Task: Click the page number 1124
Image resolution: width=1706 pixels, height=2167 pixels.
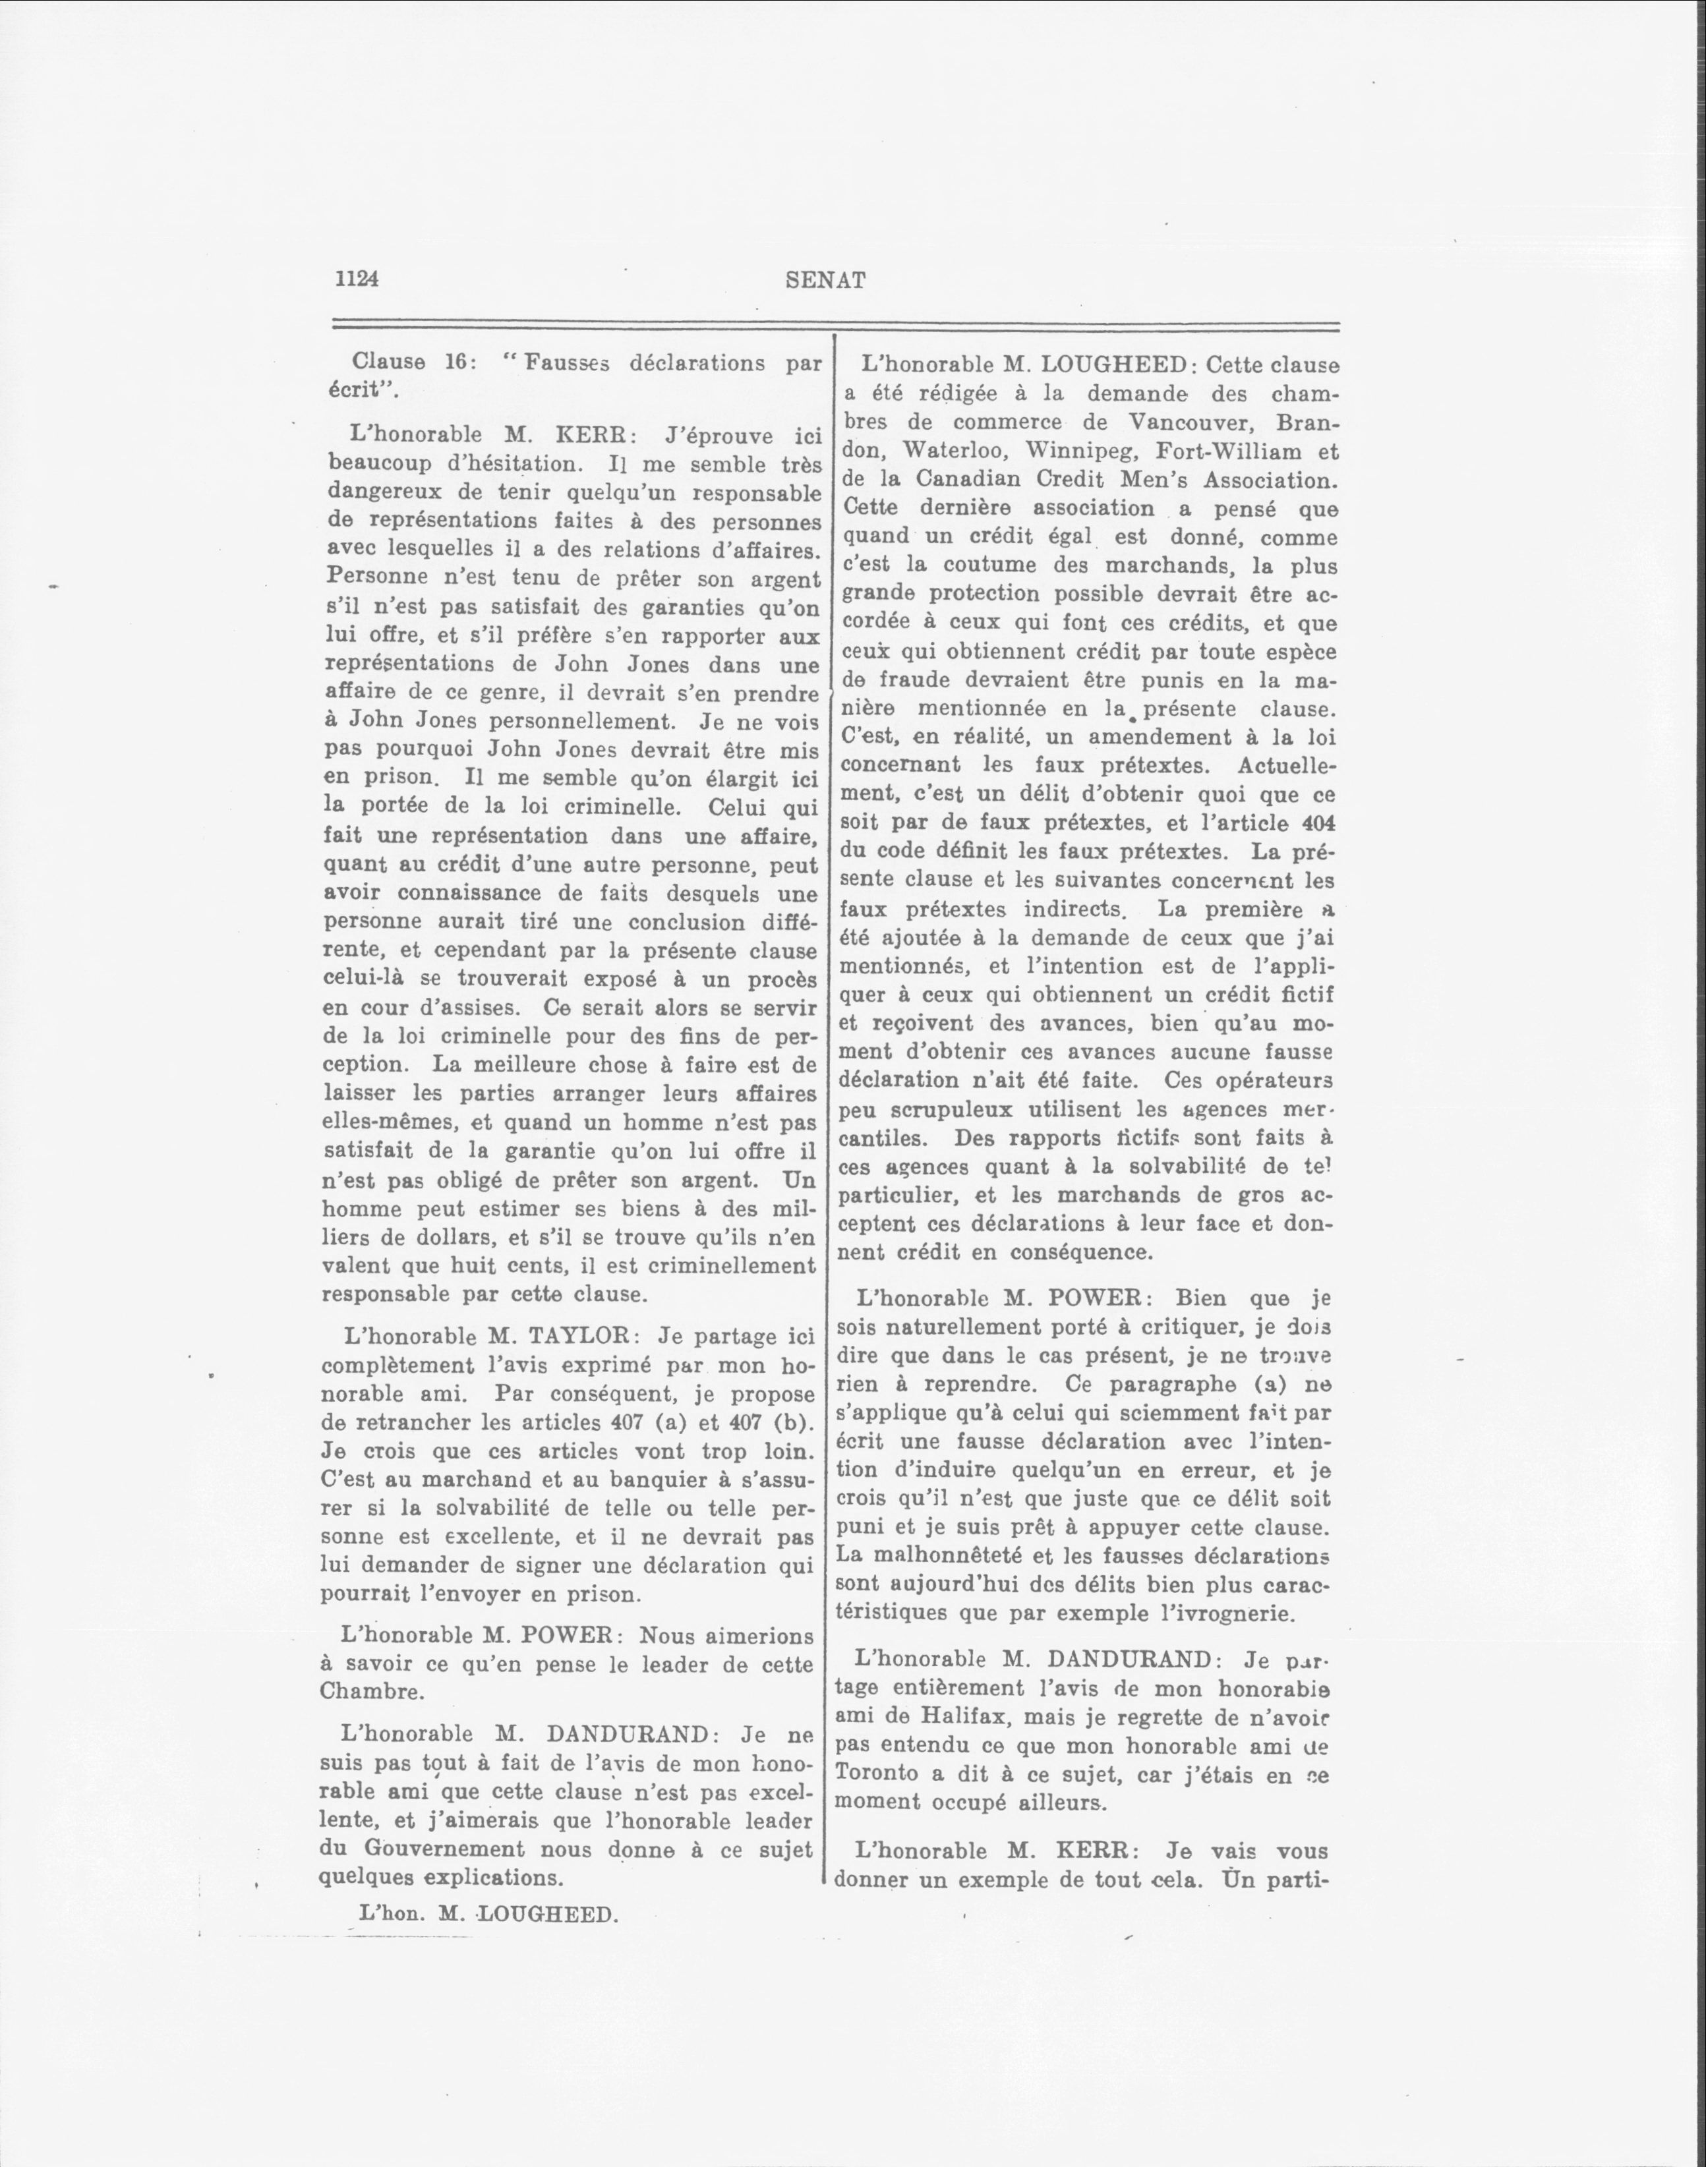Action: coord(357,279)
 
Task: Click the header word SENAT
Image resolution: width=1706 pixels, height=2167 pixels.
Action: coord(825,281)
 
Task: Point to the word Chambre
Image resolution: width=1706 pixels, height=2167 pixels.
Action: coord(365,1692)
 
